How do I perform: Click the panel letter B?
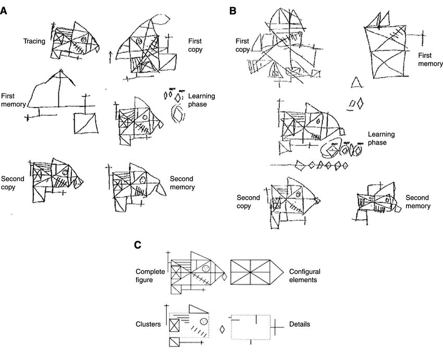[232, 10]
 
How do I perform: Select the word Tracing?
[34, 41]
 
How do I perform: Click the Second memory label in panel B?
[418, 202]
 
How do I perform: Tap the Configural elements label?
[305, 276]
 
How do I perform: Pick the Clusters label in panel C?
[148, 324]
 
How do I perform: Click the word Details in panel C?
[299, 324]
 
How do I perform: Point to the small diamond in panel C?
[223, 329]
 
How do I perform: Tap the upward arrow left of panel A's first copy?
[110, 56]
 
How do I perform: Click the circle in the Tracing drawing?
[83, 39]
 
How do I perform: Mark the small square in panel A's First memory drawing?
[84, 122]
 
